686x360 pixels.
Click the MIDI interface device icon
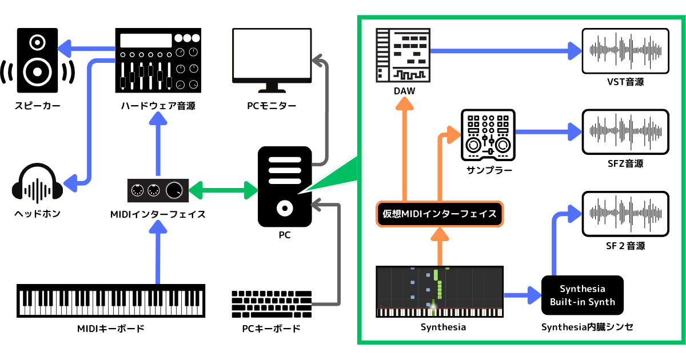pyautogui.click(x=158, y=190)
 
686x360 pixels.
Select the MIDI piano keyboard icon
pyautogui.click(x=111, y=300)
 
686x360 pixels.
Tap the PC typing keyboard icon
pyautogui.click(x=271, y=304)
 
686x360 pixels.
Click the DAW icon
pyautogui.click(x=403, y=54)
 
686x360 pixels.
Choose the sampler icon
pyautogui.click(x=488, y=135)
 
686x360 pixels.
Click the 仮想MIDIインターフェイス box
pyautogui.click(x=439, y=214)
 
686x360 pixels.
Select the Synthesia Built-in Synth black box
pyautogui.click(x=582, y=295)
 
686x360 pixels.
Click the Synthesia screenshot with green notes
pyautogui.click(x=440, y=291)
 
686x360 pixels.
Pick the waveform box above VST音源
pyautogui.click(x=625, y=51)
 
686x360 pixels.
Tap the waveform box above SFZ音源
pyautogui.click(x=625, y=132)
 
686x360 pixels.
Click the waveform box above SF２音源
pyautogui.click(x=625, y=214)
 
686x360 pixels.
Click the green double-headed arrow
pyautogui.click(x=223, y=190)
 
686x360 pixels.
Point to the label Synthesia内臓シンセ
pyautogui.click(x=587, y=327)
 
